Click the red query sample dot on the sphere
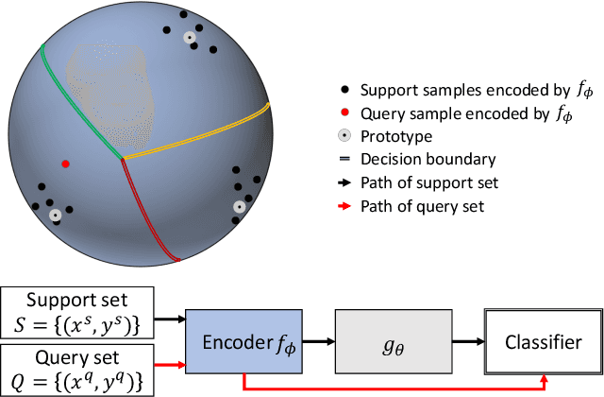(x=65, y=164)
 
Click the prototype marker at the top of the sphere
(x=190, y=38)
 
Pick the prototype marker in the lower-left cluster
(x=56, y=216)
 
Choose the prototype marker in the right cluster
(x=240, y=206)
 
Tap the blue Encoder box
(x=244, y=343)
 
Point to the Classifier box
(x=542, y=343)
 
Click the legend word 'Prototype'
(x=392, y=136)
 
